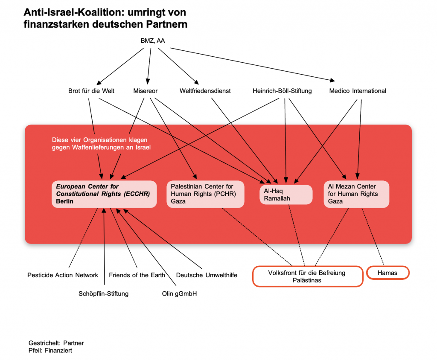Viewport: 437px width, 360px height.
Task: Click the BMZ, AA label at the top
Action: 152,41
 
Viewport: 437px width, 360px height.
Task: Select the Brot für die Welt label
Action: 91,91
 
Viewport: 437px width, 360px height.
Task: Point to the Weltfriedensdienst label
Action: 205,91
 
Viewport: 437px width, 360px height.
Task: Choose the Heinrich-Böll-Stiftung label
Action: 282,91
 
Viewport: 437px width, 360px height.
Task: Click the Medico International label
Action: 358,91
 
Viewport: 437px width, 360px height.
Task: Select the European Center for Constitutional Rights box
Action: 104,194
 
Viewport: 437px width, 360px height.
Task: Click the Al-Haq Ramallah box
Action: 286,194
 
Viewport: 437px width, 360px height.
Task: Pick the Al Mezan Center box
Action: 356,194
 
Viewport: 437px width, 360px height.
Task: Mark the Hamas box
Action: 387,273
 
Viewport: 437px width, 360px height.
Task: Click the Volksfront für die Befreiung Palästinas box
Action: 307,276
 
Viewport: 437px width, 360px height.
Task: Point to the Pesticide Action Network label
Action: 63,275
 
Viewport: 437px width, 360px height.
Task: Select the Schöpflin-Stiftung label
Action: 103,293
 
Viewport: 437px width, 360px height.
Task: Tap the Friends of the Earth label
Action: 137,275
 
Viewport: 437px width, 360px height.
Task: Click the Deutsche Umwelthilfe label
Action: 207,275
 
